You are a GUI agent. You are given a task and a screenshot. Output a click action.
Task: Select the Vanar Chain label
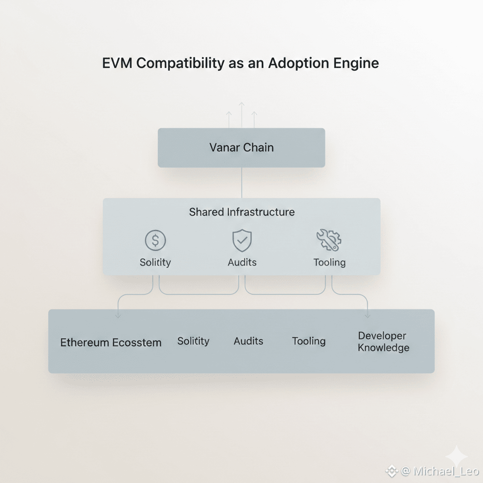pos(241,148)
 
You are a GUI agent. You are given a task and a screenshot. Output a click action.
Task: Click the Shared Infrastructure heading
pos(241,212)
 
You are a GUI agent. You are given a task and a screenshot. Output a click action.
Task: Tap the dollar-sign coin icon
pos(155,241)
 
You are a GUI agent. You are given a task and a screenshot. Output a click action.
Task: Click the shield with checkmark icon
pos(242,241)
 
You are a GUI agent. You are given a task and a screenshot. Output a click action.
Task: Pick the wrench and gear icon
pos(329,240)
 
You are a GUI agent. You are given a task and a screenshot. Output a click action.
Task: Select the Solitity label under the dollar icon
pos(155,262)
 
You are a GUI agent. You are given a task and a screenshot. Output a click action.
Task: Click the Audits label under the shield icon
pos(242,262)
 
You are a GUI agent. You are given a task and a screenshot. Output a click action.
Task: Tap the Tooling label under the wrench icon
pos(329,262)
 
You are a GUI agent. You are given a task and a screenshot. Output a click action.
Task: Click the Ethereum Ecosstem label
pos(111,342)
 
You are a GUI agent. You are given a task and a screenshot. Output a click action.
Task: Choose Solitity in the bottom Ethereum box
pos(193,341)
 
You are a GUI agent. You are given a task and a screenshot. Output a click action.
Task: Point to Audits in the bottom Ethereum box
pos(249,341)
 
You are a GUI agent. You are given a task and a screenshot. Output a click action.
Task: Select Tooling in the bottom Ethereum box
pos(308,341)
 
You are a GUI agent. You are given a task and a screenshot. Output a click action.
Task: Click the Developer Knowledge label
pos(383,342)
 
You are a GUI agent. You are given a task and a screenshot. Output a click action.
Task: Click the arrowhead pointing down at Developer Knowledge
pos(368,315)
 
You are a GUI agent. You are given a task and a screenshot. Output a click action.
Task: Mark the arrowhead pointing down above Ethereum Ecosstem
pos(118,315)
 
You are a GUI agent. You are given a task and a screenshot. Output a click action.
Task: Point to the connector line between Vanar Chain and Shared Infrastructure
pos(241,183)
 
